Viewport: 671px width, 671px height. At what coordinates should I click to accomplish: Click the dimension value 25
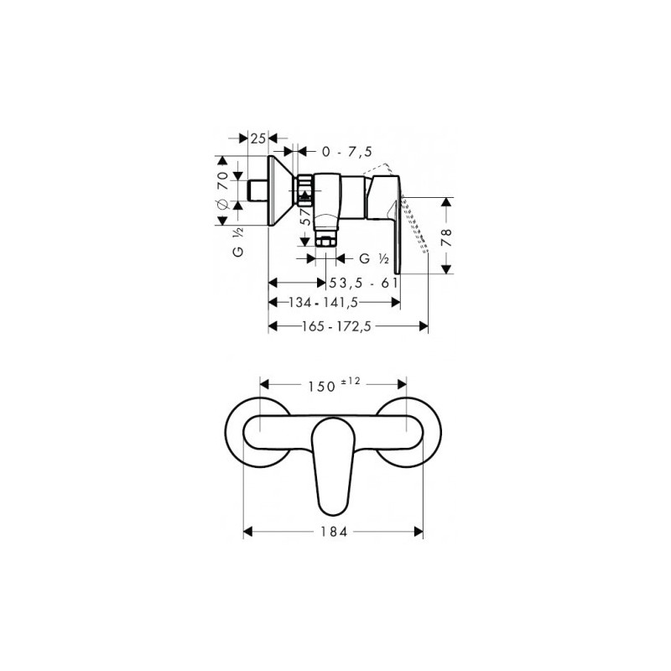point(258,138)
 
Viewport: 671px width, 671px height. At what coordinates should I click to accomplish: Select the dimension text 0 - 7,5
point(347,152)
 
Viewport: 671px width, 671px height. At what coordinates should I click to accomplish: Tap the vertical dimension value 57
point(305,217)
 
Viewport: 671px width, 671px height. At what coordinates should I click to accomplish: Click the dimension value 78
point(446,238)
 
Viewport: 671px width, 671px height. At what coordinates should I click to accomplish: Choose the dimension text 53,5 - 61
point(364,283)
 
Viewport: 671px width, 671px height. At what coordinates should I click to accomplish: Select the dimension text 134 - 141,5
point(323,303)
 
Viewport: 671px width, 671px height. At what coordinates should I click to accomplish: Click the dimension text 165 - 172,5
point(336,326)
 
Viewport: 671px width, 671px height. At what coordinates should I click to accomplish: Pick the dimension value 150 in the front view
point(321,387)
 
